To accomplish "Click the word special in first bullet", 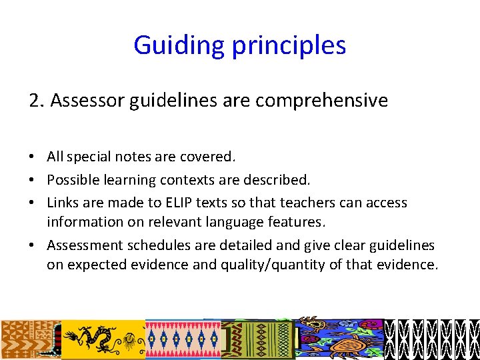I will pos(88,157).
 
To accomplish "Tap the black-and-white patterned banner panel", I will pos(432,339).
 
